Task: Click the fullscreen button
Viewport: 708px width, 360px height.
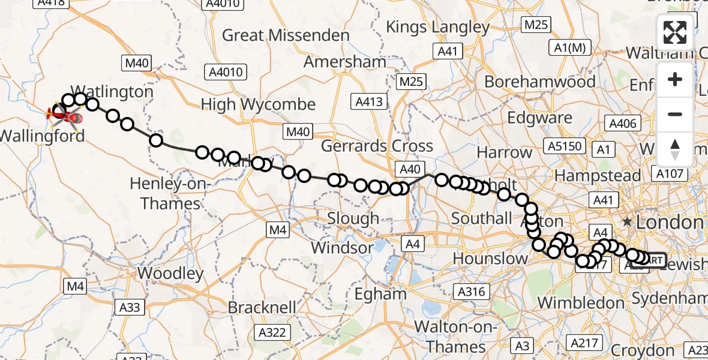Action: (x=675, y=32)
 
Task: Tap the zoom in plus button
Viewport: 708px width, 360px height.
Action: (x=675, y=80)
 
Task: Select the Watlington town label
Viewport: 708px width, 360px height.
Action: (x=116, y=92)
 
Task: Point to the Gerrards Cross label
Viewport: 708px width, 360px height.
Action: (x=377, y=146)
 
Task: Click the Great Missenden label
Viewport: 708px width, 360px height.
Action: (x=286, y=35)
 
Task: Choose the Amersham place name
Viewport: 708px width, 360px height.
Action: (x=344, y=62)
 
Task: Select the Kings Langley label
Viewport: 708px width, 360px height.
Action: (x=438, y=27)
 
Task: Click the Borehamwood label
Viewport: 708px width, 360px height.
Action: (x=540, y=82)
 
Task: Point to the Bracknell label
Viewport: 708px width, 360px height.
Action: (x=262, y=308)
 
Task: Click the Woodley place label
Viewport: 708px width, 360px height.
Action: (x=170, y=274)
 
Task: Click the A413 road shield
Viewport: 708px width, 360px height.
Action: (x=368, y=102)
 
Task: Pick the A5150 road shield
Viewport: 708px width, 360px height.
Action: (x=565, y=145)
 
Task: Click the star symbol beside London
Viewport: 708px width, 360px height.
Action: (x=627, y=222)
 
